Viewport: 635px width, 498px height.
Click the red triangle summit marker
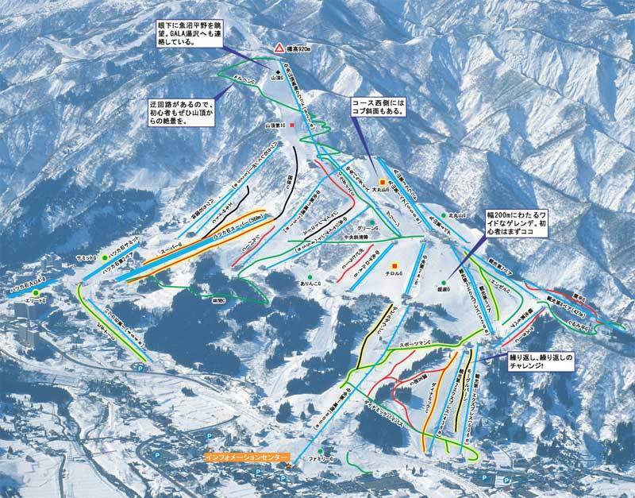279,48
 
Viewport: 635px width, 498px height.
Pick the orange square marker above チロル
395,264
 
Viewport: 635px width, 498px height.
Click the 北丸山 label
456,215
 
